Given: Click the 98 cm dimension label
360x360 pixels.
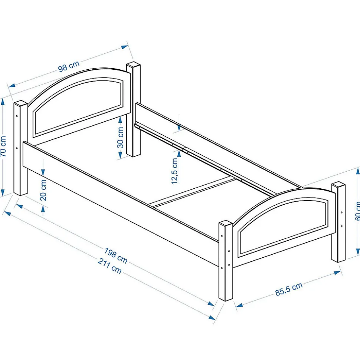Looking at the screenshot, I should [69, 66].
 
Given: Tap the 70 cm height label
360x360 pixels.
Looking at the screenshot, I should [3, 146].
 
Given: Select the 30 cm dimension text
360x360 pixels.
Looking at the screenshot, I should [121, 138].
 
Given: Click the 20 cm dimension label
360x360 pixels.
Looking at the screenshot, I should [43, 190].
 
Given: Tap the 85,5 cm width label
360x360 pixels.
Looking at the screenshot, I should [289, 288].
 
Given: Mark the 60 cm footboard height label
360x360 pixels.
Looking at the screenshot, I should [357, 211].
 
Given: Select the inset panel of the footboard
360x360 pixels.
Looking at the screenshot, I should [284, 226].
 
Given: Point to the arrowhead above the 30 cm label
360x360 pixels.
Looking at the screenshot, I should [121, 120].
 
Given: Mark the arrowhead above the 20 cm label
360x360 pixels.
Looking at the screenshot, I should [43, 172].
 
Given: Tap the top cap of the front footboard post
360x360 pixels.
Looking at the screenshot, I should [226, 224].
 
